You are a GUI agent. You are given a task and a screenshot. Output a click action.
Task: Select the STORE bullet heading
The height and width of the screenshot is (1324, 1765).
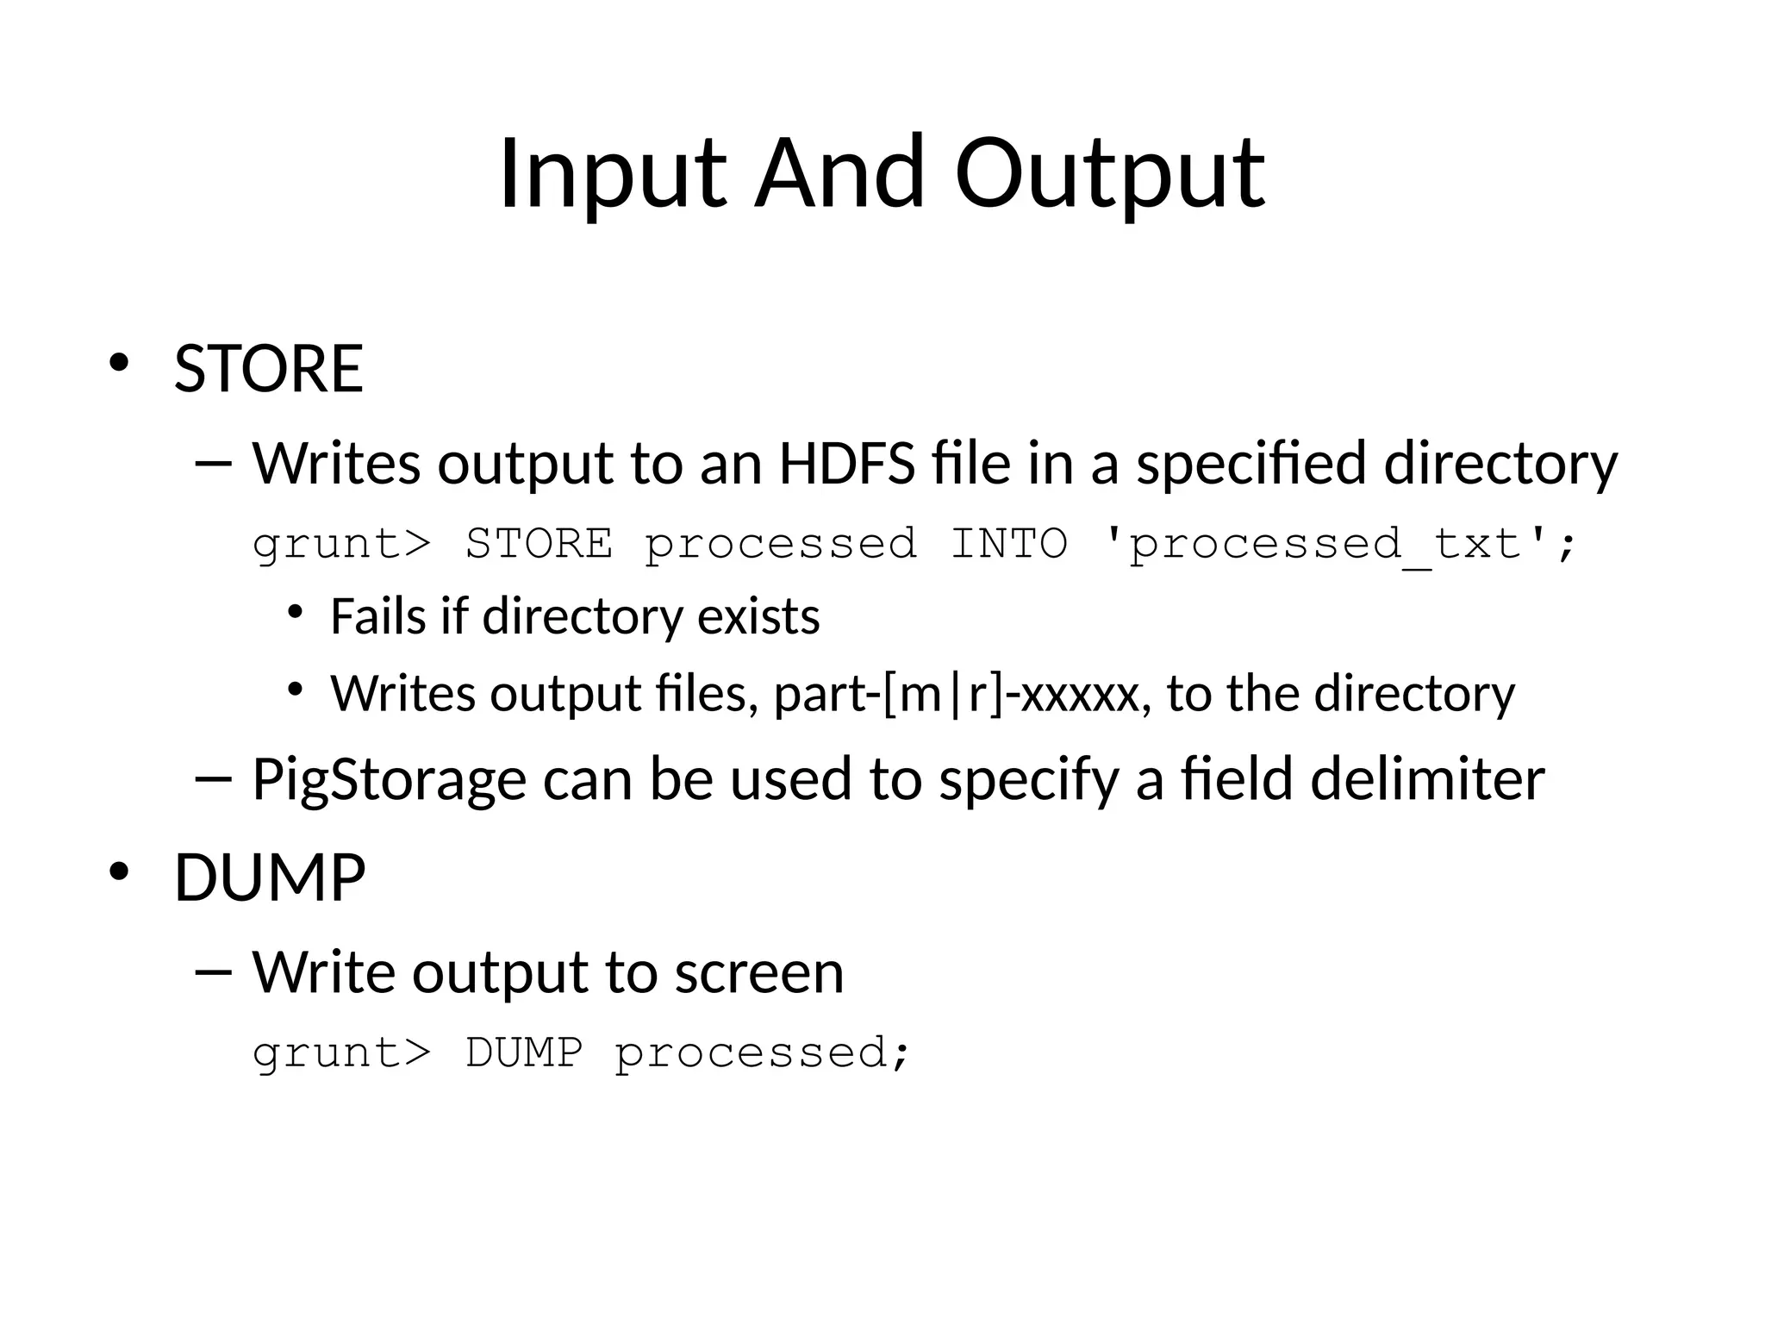[x=269, y=369]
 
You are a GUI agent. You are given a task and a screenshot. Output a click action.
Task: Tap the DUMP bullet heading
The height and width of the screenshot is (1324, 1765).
[x=270, y=877]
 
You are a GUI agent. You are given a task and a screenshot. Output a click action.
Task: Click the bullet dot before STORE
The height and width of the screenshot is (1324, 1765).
[x=118, y=363]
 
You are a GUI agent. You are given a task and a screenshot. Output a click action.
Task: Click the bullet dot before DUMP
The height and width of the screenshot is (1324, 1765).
[x=118, y=871]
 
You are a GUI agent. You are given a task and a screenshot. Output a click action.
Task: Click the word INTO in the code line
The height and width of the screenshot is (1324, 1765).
[x=1009, y=544]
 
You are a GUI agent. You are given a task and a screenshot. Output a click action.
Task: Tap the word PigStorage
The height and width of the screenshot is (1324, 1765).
[x=389, y=778]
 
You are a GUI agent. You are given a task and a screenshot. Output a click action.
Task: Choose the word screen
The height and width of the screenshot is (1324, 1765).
[x=758, y=971]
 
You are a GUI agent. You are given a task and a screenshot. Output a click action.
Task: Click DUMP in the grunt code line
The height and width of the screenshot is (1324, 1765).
[x=524, y=1052]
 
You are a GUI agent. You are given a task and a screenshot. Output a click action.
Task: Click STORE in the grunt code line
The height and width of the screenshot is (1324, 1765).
[x=539, y=544]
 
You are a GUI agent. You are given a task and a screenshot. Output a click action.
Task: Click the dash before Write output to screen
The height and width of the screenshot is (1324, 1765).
[x=214, y=972]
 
